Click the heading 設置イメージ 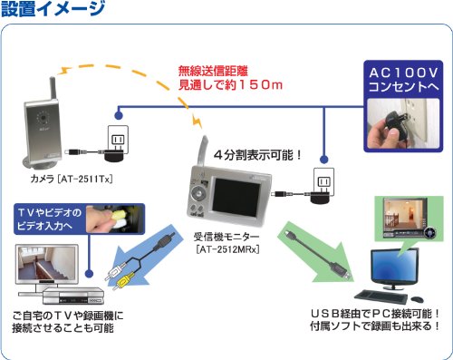click(x=53, y=8)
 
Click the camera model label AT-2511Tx click(x=85, y=180)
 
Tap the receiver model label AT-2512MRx click(x=227, y=249)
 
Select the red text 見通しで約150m click(x=230, y=85)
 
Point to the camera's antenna click(x=53, y=89)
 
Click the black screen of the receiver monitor click(x=233, y=198)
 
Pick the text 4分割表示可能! click(x=257, y=155)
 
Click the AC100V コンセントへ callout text click(x=403, y=80)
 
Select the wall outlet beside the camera click(x=119, y=140)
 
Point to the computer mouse click(x=417, y=299)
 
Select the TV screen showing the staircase click(x=46, y=262)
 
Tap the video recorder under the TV click(x=73, y=297)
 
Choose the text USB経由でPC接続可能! click(x=375, y=314)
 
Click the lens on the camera click(x=43, y=117)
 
